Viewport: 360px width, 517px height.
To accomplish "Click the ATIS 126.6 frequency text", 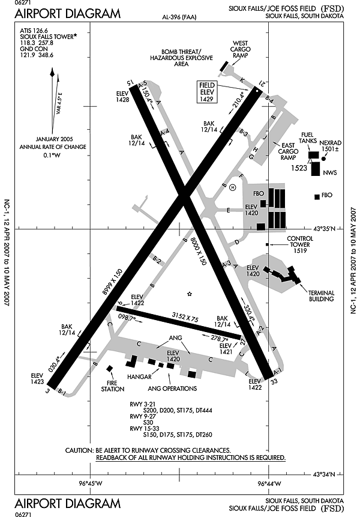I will pos(34,29).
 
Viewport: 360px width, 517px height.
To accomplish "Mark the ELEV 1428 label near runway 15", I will pos(122,97).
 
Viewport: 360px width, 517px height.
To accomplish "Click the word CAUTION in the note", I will pos(79,450).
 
